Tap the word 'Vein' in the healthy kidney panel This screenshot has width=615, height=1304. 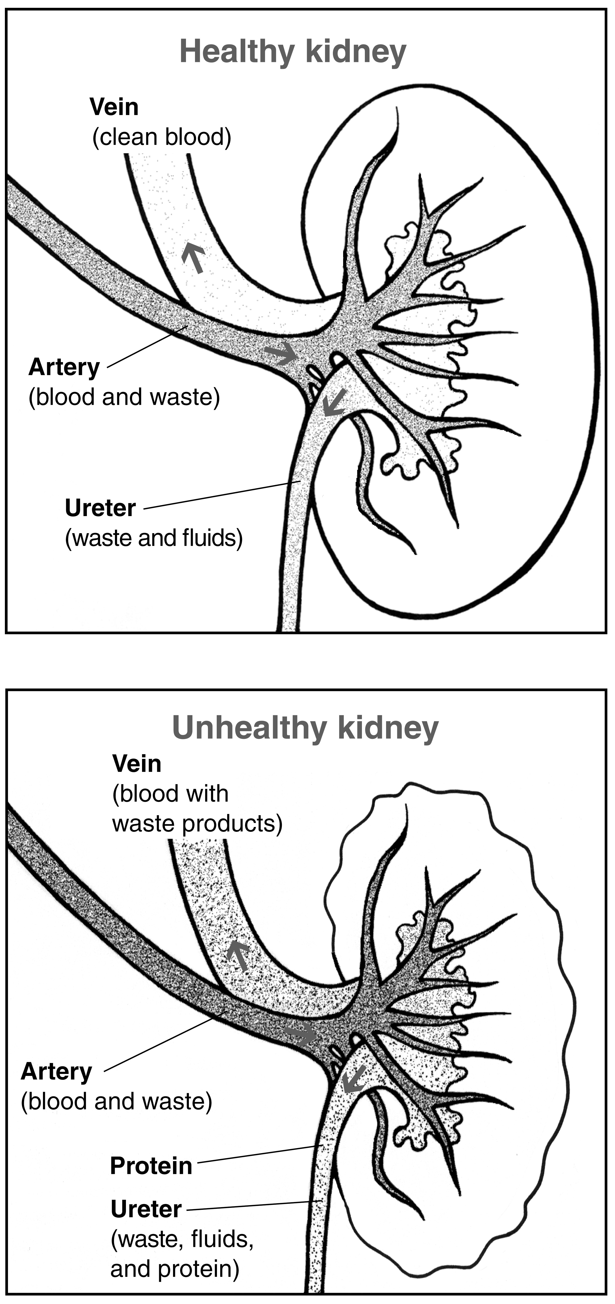click(114, 107)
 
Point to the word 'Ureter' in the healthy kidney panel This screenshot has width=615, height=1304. click(100, 508)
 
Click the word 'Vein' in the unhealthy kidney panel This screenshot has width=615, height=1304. click(137, 763)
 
